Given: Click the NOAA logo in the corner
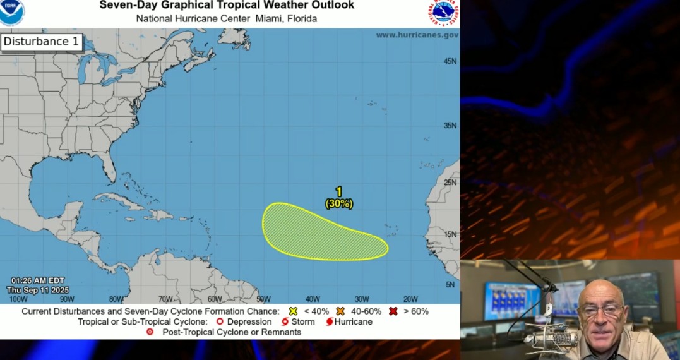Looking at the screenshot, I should tap(11, 11).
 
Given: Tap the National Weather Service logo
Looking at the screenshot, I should tap(444, 12).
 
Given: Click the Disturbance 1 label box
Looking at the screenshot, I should tap(42, 42).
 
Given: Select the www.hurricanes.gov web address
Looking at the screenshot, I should tap(417, 35).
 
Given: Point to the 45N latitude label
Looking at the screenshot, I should tap(450, 61).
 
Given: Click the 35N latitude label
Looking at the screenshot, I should tap(450, 125).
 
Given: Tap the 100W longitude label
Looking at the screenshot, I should tap(19, 299).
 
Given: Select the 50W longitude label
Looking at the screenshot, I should tap(263, 299).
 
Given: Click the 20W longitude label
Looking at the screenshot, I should tap(410, 299).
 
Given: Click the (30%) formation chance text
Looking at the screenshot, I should tap(339, 204).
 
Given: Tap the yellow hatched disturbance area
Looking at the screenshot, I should tap(316, 234).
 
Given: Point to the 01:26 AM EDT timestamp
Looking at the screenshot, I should tap(38, 280).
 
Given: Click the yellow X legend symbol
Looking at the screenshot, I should tap(293, 311).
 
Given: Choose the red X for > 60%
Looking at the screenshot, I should tap(393, 311).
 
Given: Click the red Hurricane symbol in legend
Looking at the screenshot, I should tap(330, 321).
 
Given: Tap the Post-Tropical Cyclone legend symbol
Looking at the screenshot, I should tap(150, 332).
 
